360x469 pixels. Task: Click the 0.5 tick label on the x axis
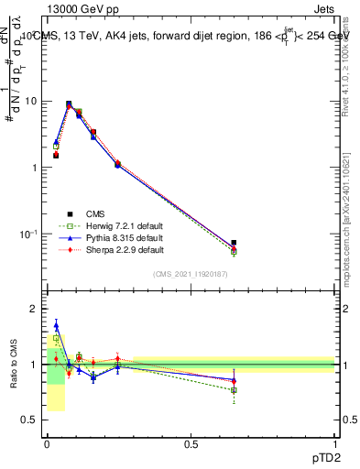pos(191,444)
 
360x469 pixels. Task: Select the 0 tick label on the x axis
pos(47,444)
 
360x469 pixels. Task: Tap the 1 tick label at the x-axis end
pos(335,444)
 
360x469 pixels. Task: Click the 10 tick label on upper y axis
pos(30,101)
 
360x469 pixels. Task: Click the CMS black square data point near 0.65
pos(234,243)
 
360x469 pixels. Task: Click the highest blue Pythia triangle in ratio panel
pos(56,324)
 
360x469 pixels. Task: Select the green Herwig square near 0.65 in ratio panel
pos(234,390)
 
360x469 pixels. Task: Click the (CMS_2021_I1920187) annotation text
pos(191,273)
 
